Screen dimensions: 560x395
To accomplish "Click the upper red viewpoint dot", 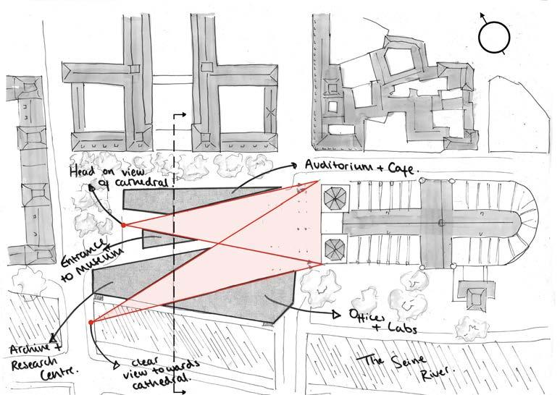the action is (x=123, y=226).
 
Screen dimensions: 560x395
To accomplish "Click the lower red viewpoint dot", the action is (x=91, y=322).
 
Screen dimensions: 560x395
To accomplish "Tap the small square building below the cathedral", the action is (x=475, y=297).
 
